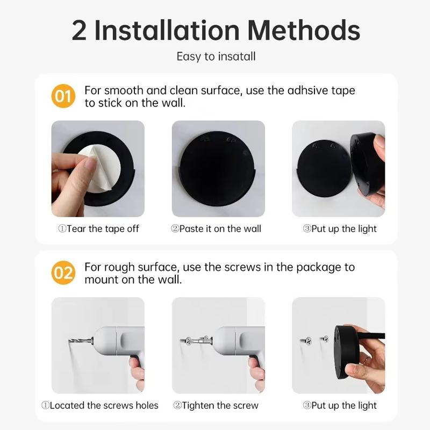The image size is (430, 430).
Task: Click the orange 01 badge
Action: pos(63,97)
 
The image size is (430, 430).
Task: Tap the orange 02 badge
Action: pos(63,273)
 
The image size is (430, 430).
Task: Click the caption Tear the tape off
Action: pos(99,228)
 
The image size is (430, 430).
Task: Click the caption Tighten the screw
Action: pos(216,405)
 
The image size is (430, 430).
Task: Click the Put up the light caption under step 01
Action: pos(340,228)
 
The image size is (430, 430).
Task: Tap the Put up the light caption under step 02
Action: pos(340,405)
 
